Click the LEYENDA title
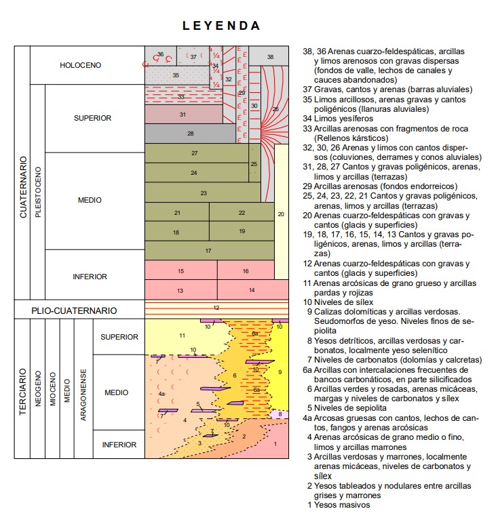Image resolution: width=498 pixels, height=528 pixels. point(221,26)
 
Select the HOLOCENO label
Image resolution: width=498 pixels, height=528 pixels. point(80,66)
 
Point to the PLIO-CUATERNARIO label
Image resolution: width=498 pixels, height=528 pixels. point(74,310)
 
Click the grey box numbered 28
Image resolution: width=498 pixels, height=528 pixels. point(190,134)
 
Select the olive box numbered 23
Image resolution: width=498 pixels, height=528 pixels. point(203,193)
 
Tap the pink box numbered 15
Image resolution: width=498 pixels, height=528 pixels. point(180,271)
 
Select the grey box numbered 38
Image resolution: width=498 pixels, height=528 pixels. point(270,57)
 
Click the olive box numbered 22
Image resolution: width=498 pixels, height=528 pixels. point(242,213)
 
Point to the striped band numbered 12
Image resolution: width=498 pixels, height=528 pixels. point(216,308)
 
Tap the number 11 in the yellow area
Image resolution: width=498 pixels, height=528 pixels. point(181,336)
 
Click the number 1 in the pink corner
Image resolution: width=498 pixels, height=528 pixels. point(275,444)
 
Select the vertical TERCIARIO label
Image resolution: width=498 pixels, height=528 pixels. point(22,391)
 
